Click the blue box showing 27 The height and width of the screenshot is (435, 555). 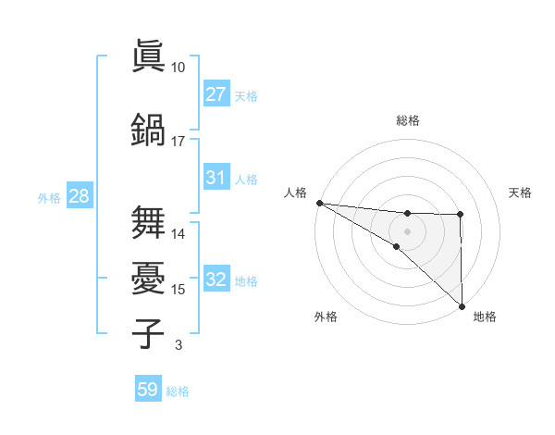pyautogui.click(x=216, y=94)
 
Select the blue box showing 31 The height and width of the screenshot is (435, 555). pyautogui.click(x=216, y=178)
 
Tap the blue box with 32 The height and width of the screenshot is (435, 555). pyautogui.click(x=216, y=280)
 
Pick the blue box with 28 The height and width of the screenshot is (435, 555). pyautogui.click(x=79, y=196)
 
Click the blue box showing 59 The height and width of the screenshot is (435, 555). pyautogui.click(x=148, y=390)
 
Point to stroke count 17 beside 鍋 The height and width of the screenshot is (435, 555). pyautogui.click(x=178, y=142)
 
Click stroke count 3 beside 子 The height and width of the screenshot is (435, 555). pyautogui.click(x=178, y=345)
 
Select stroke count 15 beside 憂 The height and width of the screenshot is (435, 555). pyautogui.click(x=178, y=290)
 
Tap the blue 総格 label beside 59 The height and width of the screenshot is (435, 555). pyautogui.click(x=178, y=391)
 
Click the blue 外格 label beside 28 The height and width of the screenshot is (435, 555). pyautogui.click(x=48, y=197)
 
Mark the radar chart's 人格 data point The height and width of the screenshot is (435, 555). pyautogui.click(x=319, y=203)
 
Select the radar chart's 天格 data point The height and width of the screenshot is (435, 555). pyautogui.click(x=461, y=216)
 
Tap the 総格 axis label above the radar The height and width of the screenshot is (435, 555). pyautogui.click(x=408, y=120)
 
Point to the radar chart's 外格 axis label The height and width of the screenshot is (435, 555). pyautogui.click(x=326, y=317)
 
